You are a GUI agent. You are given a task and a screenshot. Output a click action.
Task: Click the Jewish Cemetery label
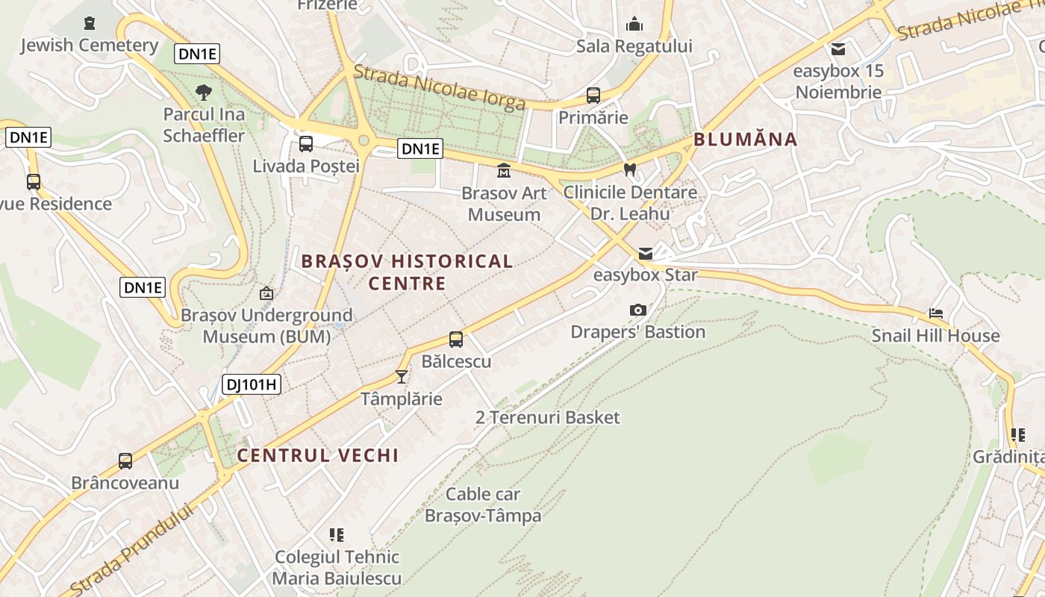point(89,46)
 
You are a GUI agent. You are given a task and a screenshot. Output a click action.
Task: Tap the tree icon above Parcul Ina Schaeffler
point(203,93)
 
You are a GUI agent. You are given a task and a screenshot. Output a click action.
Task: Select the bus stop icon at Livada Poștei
point(306,144)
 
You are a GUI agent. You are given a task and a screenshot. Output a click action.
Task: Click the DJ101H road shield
point(252,385)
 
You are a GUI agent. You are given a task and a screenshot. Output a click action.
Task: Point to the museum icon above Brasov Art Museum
point(504,171)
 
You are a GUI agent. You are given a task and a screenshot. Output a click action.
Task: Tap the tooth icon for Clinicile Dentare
point(629,169)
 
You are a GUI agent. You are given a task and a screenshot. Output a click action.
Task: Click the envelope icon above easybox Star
point(645,254)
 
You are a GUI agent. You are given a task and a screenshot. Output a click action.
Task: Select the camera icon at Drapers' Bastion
point(638,310)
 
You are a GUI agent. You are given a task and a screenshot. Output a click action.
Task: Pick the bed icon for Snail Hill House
point(936,313)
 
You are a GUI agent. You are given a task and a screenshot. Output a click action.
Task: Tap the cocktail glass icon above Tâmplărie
point(402,377)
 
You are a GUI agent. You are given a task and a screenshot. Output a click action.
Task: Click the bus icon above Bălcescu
point(456,340)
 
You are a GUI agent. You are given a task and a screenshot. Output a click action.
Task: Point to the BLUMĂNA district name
point(745,140)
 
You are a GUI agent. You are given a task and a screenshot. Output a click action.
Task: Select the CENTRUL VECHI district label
point(318,455)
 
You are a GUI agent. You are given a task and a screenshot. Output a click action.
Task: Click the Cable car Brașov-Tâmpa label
point(483,504)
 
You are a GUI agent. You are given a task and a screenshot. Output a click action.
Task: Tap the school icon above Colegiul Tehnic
point(337,534)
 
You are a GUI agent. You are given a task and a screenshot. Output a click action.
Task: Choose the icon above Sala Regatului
point(634,25)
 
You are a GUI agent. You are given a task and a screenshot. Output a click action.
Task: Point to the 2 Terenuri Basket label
point(548,417)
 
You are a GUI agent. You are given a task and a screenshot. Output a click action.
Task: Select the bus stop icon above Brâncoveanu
point(125,461)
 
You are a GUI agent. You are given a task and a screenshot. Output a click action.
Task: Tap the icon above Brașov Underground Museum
point(266,294)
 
